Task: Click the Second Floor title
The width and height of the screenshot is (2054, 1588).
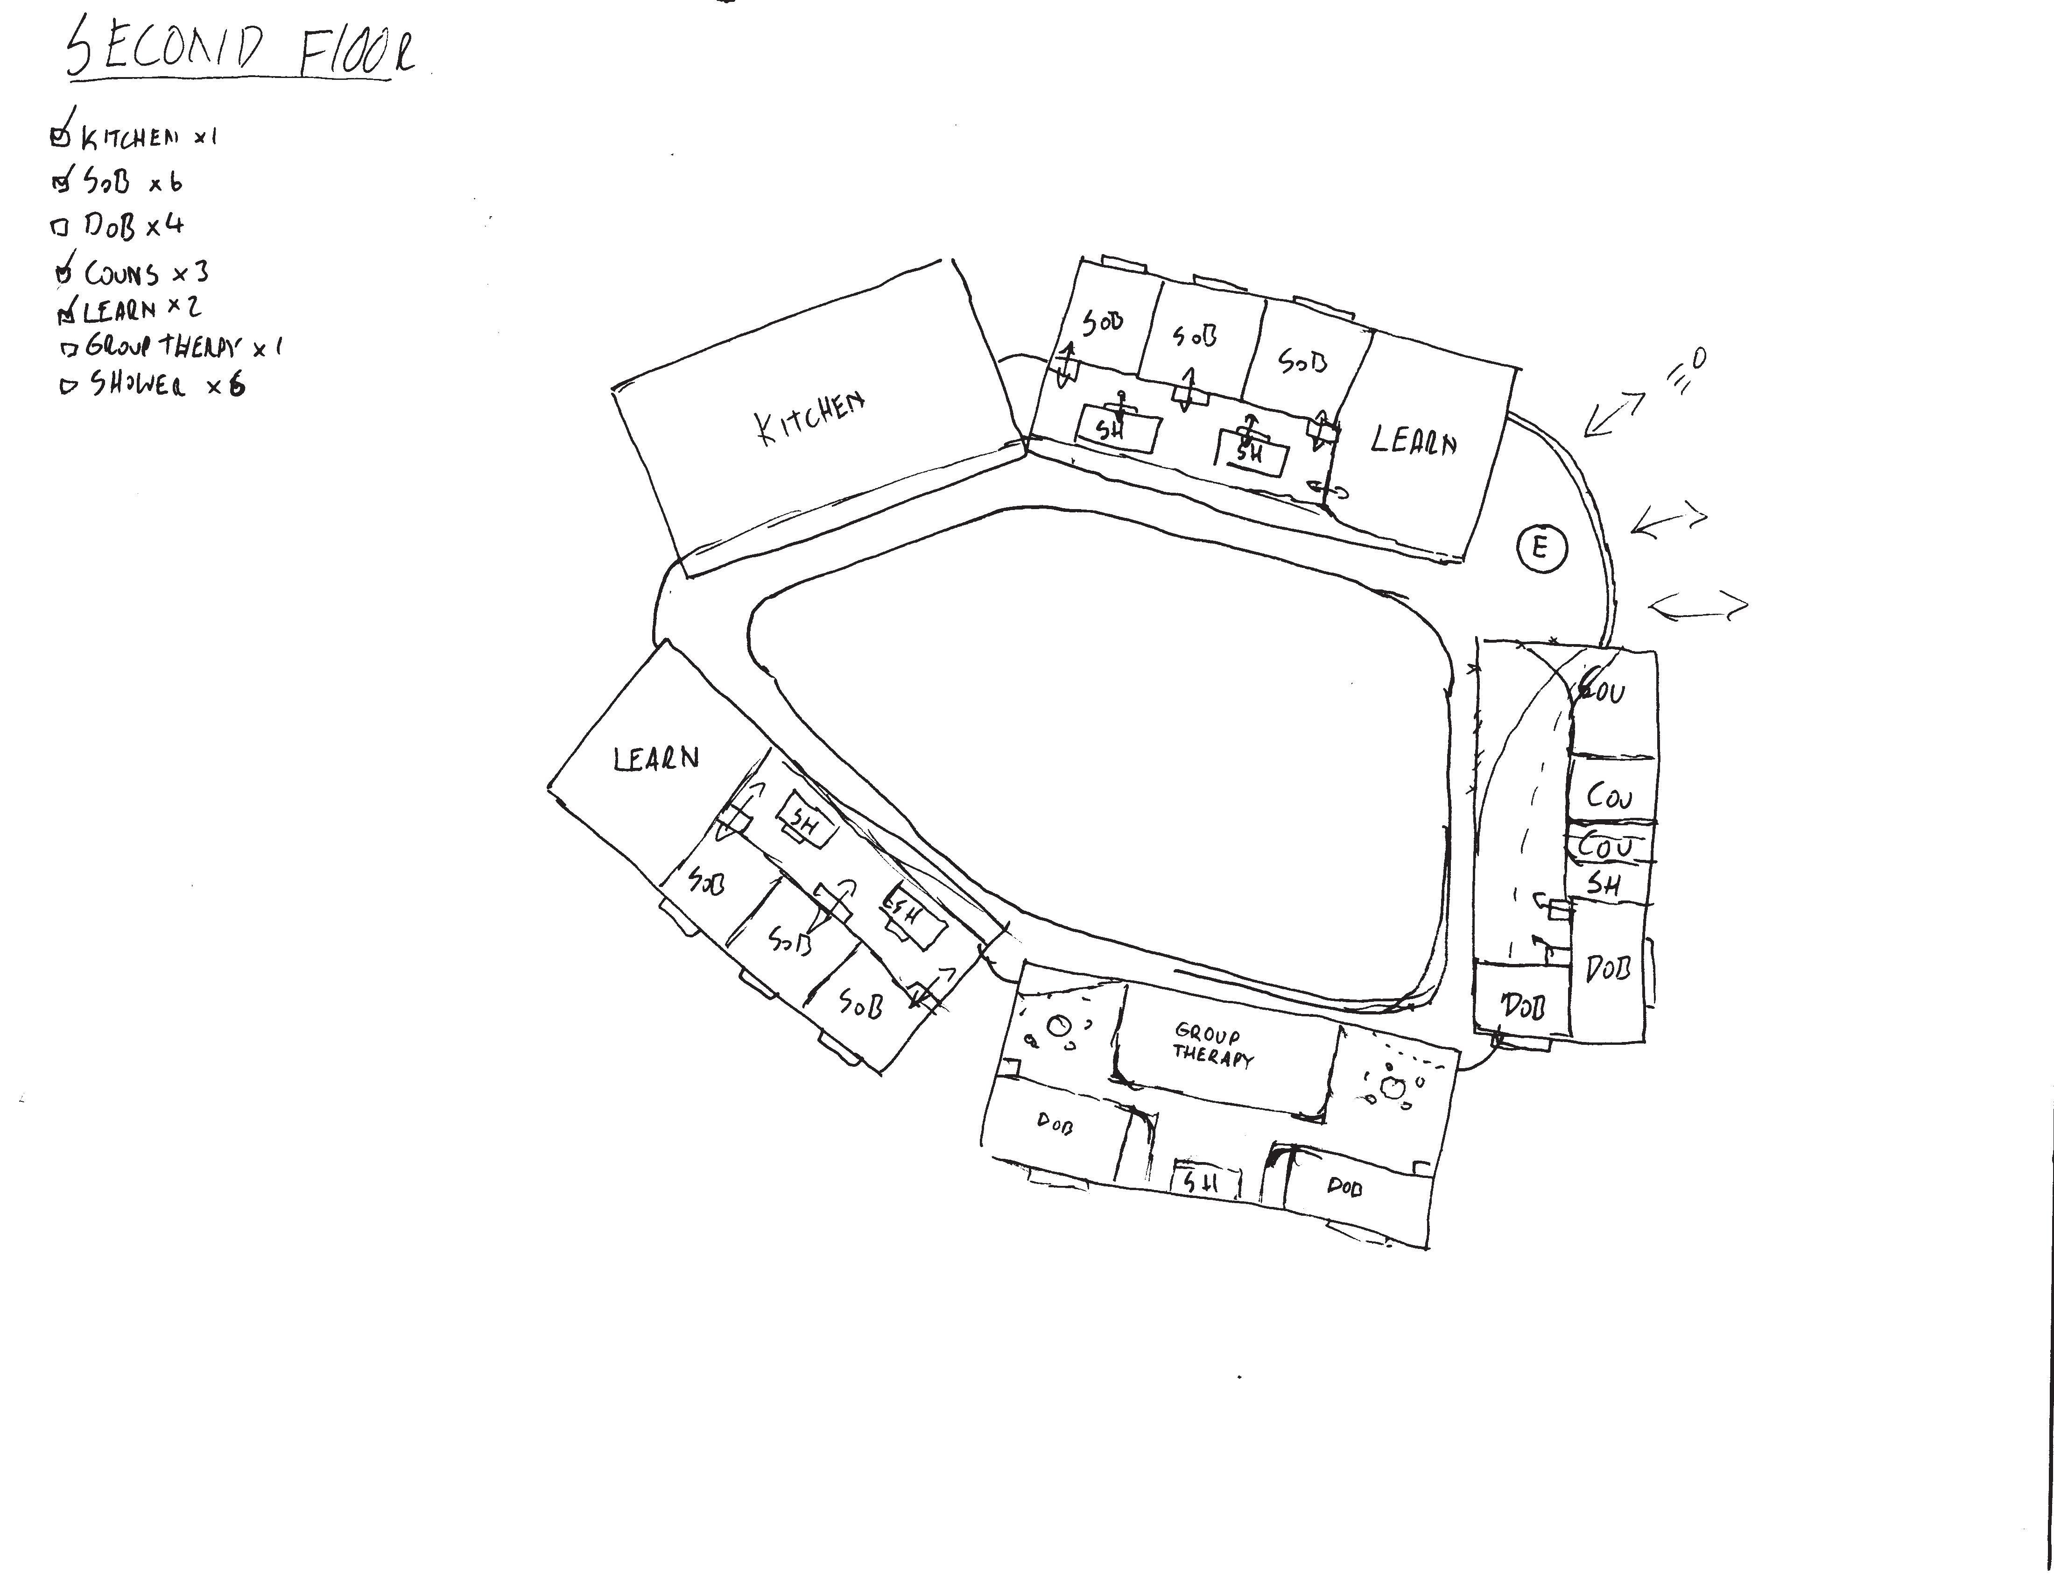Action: pyautogui.click(x=240, y=52)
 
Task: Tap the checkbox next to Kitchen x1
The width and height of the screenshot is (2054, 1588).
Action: pyautogui.click(x=59, y=137)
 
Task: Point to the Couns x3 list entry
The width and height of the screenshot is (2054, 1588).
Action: pyautogui.click(x=146, y=273)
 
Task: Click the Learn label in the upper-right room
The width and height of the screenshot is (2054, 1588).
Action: pyautogui.click(x=1414, y=440)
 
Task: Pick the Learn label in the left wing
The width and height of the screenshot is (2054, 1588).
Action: pyautogui.click(x=656, y=758)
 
